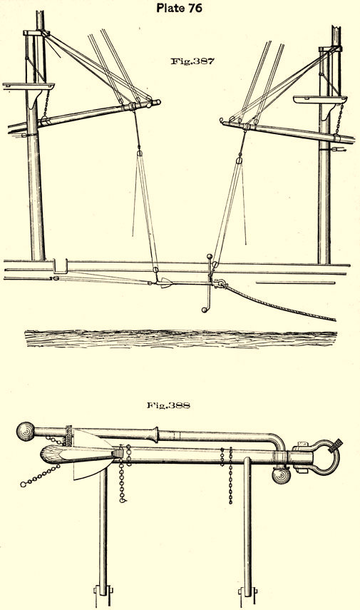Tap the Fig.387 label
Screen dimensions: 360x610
click(x=192, y=61)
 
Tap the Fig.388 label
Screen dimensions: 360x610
click(x=168, y=405)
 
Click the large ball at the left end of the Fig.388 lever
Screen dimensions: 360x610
click(x=26, y=432)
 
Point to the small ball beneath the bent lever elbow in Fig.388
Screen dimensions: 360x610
click(x=281, y=475)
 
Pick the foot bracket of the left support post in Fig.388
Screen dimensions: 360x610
click(x=103, y=596)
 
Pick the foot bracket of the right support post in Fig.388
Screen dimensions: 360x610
click(x=247, y=596)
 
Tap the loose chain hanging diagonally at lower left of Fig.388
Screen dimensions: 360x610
click(x=40, y=476)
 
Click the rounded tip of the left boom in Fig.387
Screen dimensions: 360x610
click(x=157, y=103)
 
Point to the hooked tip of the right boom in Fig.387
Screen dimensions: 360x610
click(x=222, y=121)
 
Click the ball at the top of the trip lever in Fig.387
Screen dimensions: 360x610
click(x=209, y=256)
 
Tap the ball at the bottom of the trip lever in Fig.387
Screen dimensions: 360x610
click(x=204, y=310)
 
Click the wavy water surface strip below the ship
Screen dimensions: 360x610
click(x=181, y=338)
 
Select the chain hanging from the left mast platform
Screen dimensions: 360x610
click(x=46, y=103)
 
